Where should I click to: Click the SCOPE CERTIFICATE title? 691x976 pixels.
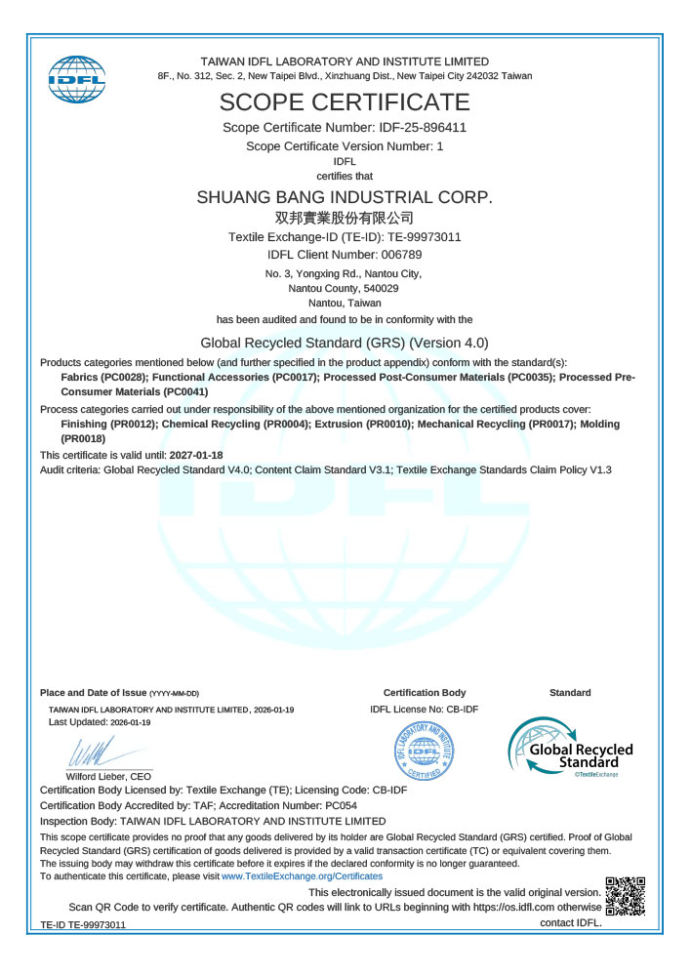point(345,102)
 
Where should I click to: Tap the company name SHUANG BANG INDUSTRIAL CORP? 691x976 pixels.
point(345,196)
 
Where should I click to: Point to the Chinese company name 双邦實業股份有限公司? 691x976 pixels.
point(345,218)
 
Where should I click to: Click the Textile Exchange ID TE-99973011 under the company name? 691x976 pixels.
point(426,237)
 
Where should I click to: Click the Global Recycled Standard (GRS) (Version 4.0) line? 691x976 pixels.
point(345,343)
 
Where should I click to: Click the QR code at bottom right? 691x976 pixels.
point(626,897)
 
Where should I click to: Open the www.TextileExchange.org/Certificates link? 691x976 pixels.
point(302,876)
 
